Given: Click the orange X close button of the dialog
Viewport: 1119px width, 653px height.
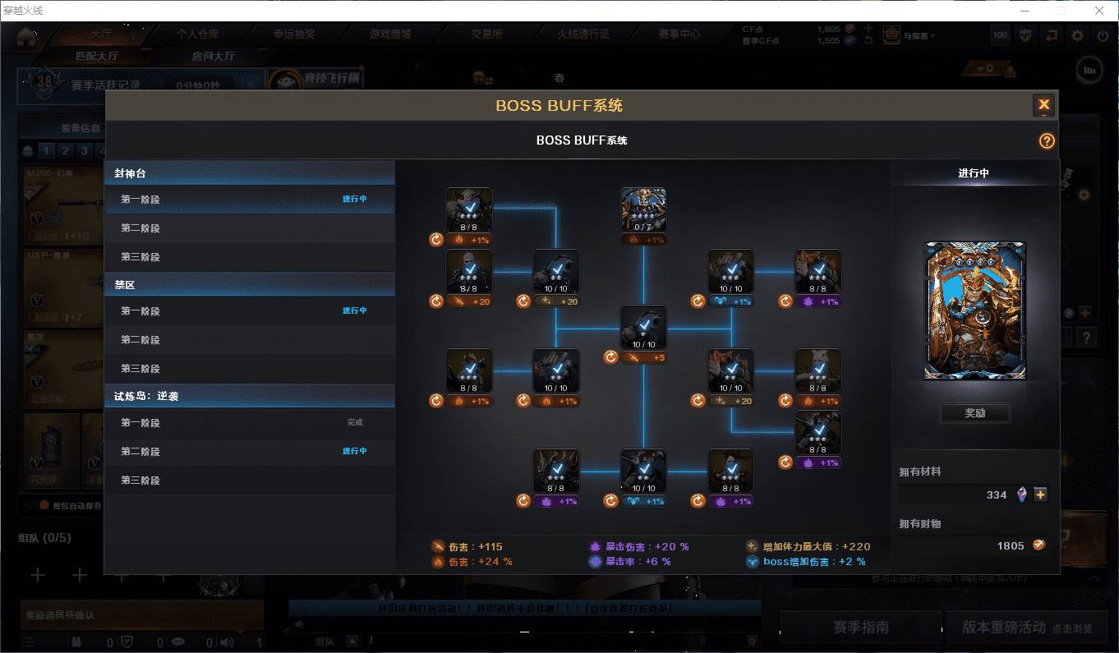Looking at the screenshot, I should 1043,104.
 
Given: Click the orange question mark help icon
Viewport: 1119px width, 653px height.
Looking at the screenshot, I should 1046,140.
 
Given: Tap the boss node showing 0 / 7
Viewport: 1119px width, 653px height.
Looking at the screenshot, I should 643,210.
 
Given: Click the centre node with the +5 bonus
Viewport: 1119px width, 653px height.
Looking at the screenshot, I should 643,328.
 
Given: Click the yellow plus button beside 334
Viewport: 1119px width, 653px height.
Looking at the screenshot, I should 1041,494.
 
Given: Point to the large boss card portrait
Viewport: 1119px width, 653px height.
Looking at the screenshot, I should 975,310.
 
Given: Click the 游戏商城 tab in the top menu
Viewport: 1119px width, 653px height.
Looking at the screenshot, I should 390,34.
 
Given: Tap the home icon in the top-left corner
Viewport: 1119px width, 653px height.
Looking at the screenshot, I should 27,36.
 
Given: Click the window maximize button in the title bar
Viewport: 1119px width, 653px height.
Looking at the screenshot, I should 1061,11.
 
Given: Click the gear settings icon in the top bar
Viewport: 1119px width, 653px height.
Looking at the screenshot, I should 1077,35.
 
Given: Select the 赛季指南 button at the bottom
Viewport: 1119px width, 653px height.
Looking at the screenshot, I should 860,628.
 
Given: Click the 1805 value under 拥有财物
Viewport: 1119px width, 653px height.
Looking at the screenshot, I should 1011,545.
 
